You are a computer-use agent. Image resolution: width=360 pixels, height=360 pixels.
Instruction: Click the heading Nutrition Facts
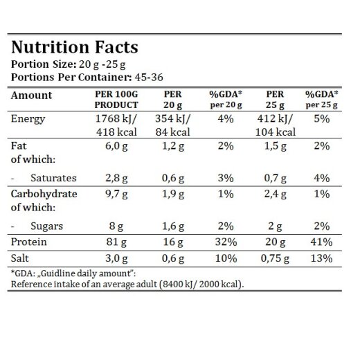75,47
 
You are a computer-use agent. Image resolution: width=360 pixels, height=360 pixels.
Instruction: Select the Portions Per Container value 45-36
149,77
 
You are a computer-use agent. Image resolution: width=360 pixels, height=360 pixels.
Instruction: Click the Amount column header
31,96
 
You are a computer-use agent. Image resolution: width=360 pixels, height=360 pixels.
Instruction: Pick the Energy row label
28,119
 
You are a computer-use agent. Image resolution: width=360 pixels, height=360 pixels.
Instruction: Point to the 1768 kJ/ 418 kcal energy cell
116,125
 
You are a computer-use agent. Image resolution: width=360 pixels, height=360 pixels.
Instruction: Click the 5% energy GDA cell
322,119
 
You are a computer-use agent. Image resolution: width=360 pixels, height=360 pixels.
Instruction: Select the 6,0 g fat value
116,146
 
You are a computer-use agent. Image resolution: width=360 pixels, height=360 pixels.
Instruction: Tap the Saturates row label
53,178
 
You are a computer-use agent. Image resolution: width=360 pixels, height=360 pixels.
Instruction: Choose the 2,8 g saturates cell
116,179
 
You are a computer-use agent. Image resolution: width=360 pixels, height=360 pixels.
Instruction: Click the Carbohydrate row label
44,194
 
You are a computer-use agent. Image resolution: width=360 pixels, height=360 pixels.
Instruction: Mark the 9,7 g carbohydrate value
116,195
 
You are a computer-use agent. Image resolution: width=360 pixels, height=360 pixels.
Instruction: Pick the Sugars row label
46,226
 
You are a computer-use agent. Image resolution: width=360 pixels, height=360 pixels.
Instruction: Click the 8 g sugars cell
116,226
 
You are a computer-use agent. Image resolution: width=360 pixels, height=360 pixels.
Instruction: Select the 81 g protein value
116,242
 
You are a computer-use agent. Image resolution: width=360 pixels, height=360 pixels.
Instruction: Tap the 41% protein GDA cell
322,242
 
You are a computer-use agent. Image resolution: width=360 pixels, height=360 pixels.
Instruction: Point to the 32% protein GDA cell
226,242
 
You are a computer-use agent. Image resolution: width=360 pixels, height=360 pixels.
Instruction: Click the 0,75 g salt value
275,258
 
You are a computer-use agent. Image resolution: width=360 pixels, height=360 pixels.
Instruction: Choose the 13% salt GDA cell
322,258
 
